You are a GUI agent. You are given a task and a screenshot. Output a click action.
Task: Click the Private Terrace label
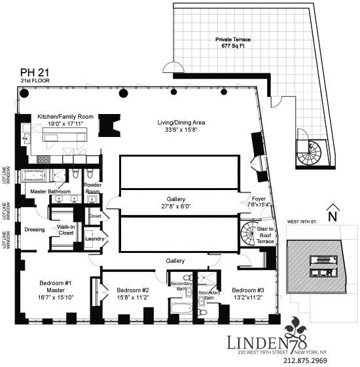pos(234,39)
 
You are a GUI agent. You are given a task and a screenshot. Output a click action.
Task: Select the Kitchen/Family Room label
pos(65,116)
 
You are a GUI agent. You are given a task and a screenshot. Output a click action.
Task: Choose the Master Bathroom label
pos(48,191)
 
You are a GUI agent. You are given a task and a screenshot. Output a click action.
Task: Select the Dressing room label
pos(34,230)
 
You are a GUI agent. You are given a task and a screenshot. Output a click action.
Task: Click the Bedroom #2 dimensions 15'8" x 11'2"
pos(134,297)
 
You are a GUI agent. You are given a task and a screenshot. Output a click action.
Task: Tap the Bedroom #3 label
pos(248,290)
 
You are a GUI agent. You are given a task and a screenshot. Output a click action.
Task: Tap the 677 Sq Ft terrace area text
pos(234,47)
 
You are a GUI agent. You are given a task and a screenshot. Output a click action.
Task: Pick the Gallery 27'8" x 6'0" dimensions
pos(176,206)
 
